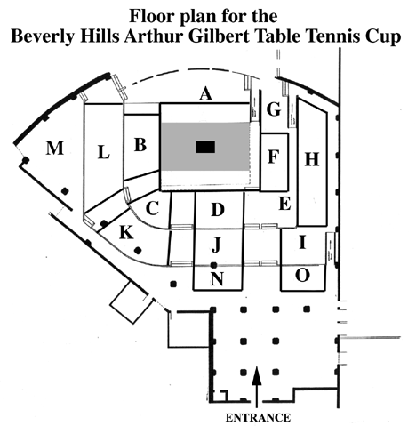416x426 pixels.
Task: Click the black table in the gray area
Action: coord(205,147)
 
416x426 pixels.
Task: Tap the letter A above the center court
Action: coord(206,93)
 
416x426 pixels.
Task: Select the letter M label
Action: coord(55,148)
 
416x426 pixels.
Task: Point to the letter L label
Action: coord(104,153)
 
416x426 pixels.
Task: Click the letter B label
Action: coord(140,145)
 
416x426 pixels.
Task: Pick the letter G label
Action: coord(274,109)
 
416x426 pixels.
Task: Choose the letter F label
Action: coord(274,157)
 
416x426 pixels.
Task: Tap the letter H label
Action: coord(312,159)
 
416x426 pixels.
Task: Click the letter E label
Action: coord(284,204)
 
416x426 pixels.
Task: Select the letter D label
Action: coord(218,210)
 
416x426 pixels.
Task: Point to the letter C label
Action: coord(153,208)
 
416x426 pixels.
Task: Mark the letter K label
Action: coord(126,232)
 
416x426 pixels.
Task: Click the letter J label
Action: coord(217,245)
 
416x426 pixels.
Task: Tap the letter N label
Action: coord(217,279)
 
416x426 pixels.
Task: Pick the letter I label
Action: coord(302,242)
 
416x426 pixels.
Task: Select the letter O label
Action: coord(302,275)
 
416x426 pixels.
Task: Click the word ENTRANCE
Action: coord(258,417)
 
